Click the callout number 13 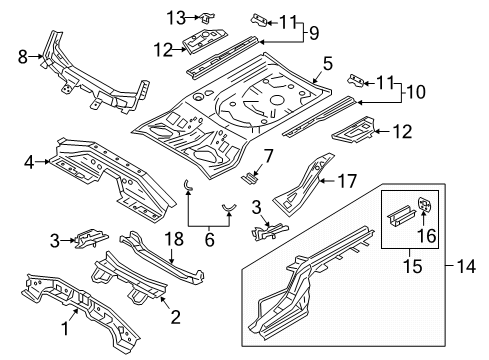(176, 17)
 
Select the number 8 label (23, 57)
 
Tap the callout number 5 (328, 64)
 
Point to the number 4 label (29, 163)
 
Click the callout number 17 (347, 181)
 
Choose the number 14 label (466, 266)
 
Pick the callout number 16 (427, 236)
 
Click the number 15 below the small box (413, 266)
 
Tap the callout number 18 (174, 239)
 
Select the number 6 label (209, 240)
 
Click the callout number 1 (66, 328)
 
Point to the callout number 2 (176, 317)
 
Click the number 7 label (268, 156)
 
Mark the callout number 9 (314, 33)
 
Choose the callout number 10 (416, 92)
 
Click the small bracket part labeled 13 (207, 18)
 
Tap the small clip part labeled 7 (250, 177)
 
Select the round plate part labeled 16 (425, 204)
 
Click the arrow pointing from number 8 (35, 57)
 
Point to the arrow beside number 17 (327, 181)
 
